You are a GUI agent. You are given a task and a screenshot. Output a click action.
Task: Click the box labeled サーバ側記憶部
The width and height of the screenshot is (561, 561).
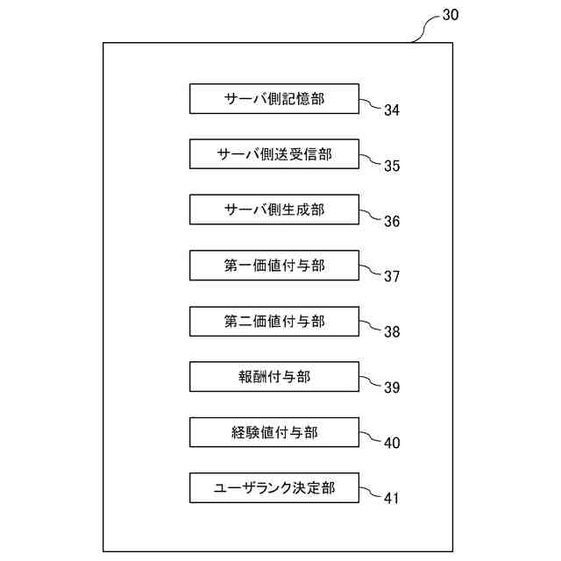point(274,99)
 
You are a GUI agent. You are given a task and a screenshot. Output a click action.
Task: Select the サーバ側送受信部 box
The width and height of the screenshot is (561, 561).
point(274,154)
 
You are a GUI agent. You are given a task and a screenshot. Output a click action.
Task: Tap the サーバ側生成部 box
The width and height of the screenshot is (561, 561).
point(274,209)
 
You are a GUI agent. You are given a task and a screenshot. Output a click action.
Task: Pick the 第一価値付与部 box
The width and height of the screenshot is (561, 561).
point(274,266)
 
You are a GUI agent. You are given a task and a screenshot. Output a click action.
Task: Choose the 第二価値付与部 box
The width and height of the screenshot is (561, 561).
point(274,321)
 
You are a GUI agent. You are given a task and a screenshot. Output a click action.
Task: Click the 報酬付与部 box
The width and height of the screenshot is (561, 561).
point(274,377)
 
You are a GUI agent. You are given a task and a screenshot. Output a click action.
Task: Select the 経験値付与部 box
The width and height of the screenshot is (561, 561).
point(274,432)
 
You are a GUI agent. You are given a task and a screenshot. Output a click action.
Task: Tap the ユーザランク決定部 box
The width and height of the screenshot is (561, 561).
point(274,487)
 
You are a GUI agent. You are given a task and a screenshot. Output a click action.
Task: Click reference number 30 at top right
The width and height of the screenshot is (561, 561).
point(450,15)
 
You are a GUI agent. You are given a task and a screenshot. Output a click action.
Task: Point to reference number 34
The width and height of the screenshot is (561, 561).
point(392,110)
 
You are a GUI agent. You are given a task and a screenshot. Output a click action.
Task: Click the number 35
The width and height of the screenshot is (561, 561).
point(392,166)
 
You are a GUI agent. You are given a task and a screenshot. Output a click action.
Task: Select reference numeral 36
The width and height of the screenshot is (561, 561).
point(392,221)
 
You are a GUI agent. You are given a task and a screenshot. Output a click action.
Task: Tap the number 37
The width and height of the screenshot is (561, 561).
point(392,276)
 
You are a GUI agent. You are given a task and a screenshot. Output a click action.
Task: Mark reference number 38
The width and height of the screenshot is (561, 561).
point(392,331)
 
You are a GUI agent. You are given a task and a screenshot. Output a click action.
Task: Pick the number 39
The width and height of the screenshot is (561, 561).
point(392,387)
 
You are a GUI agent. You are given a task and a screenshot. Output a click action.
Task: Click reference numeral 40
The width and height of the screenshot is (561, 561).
point(392,443)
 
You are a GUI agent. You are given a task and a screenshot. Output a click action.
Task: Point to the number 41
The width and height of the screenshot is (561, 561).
point(392,498)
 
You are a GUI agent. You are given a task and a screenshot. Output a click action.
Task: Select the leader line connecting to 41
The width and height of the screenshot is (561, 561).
point(371,493)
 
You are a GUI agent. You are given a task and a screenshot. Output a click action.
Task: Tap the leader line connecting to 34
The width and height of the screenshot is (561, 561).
point(371,104)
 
